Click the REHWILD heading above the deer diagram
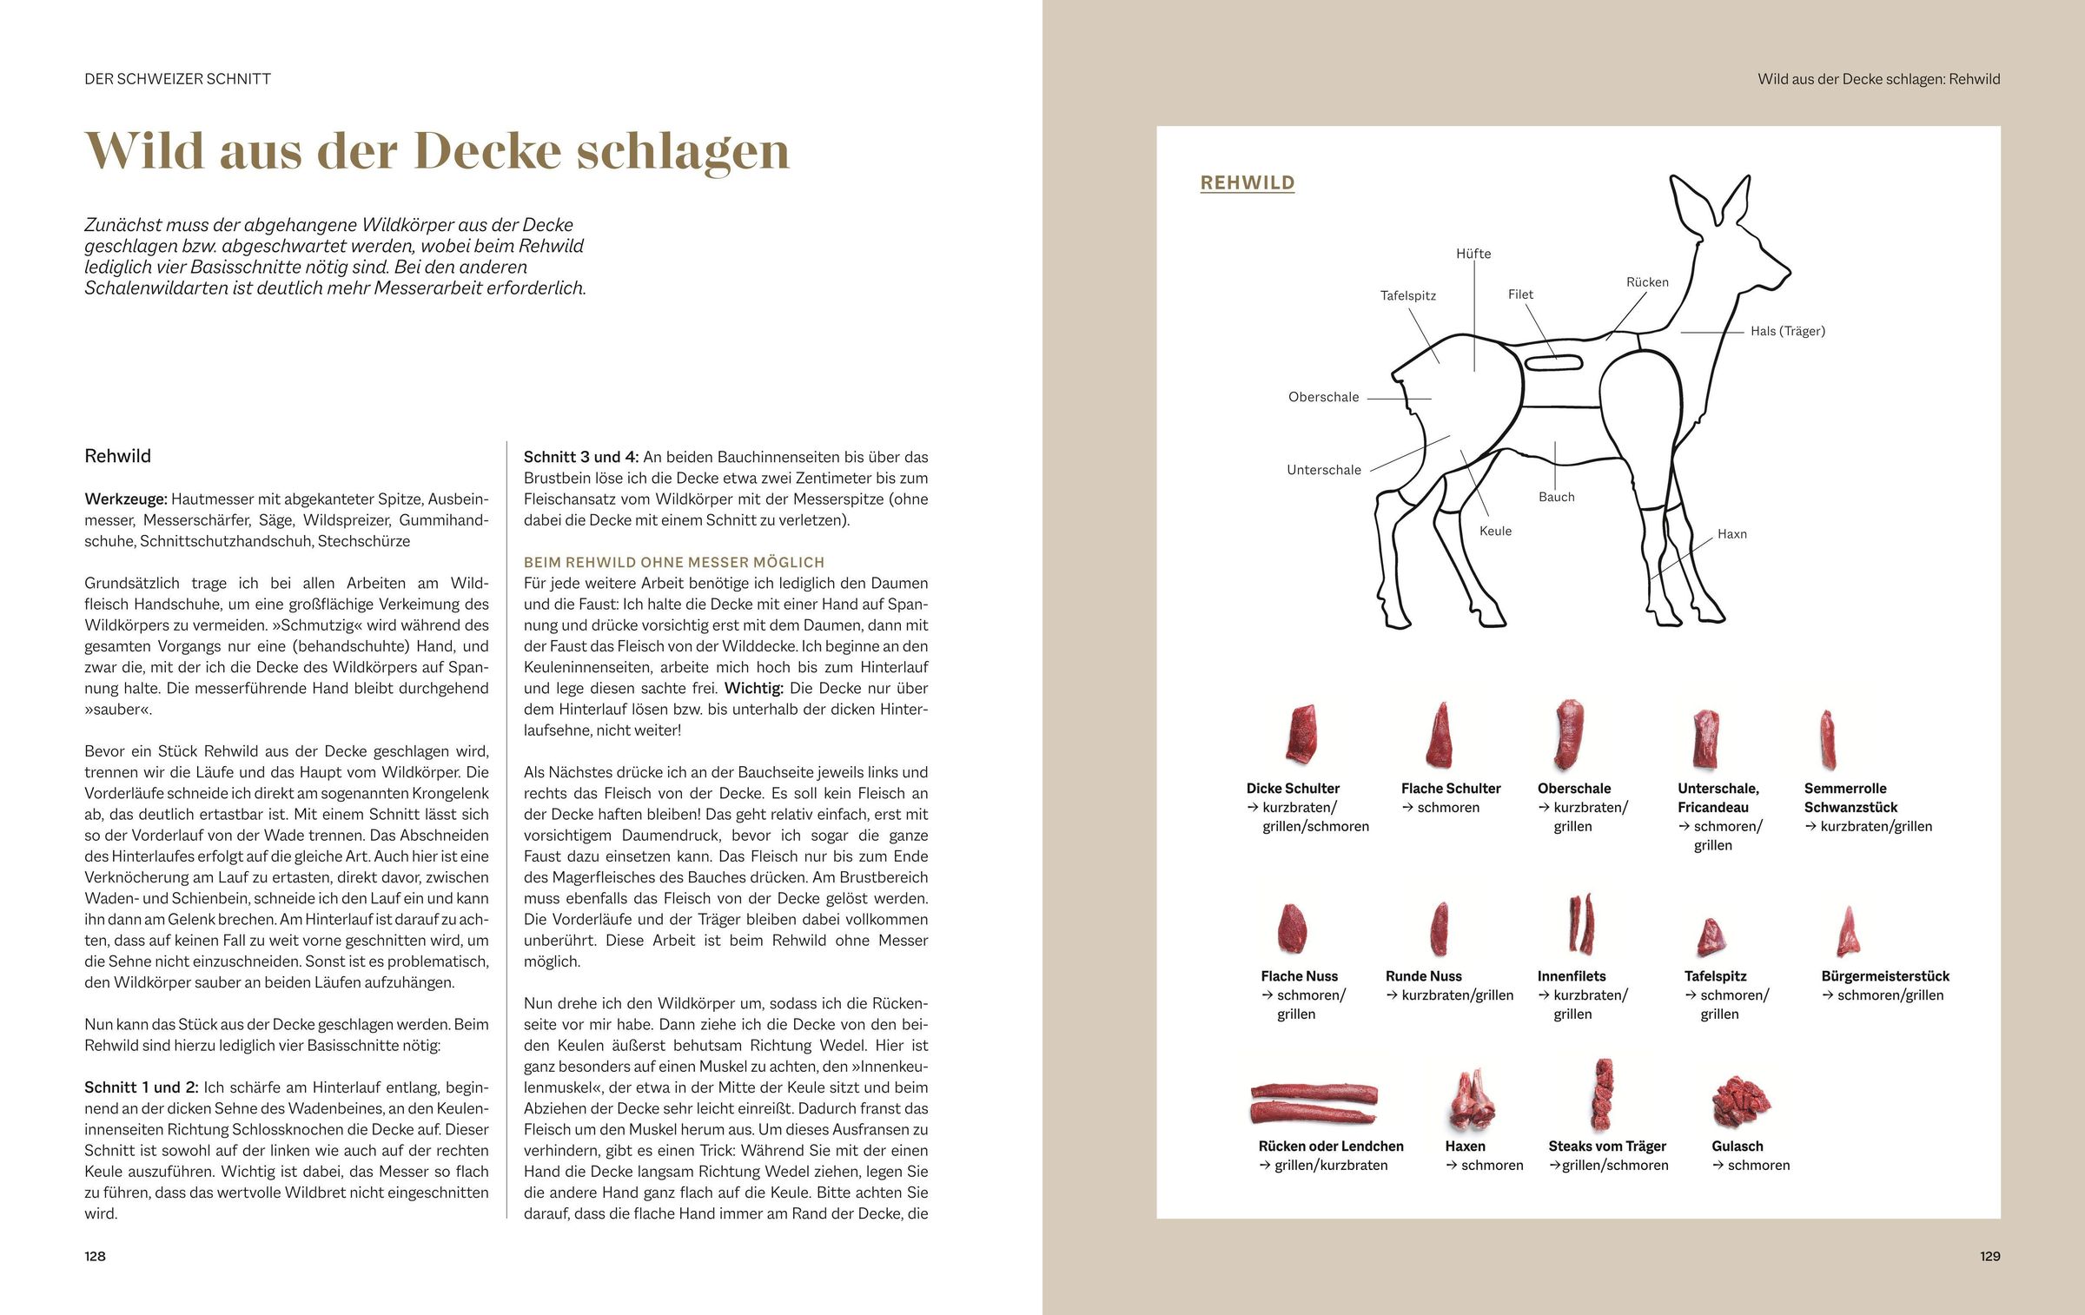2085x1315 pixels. pyautogui.click(x=1247, y=182)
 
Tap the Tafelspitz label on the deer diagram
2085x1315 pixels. pyautogui.click(x=1407, y=295)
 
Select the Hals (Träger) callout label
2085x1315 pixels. pyautogui.click(x=1787, y=331)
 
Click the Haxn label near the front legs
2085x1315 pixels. pyautogui.click(x=1731, y=534)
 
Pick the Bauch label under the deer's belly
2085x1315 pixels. pyautogui.click(x=1556, y=497)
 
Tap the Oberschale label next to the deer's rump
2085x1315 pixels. pyautogui.click(x=1323, y=397)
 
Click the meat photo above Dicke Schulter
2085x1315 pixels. pyautogui.click(x=1301, y=735)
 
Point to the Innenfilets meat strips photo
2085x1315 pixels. pyautogui.click(x=1581, y=924)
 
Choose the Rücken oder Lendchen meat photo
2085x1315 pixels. pyautogui.click(x=1314, y=1103)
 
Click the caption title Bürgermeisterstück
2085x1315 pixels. pyautogui.click(x=1884, y=976)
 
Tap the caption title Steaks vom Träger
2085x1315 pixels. pyautogui.click(x=1606, y=1146)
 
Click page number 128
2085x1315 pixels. pyautogui.click(x=95, y=1256)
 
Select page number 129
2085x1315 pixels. pyautogui.click(x=1989, y=1256)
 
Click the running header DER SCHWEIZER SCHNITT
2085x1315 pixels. pyautogui.click(x=177, y=79)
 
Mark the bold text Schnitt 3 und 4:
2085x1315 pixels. pyautogui.click(x=580, y=457)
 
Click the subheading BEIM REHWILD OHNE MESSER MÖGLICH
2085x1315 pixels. pyautogui.click(x=673, y=563)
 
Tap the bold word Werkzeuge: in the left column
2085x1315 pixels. pyautogui.click(x=125, y=499)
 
